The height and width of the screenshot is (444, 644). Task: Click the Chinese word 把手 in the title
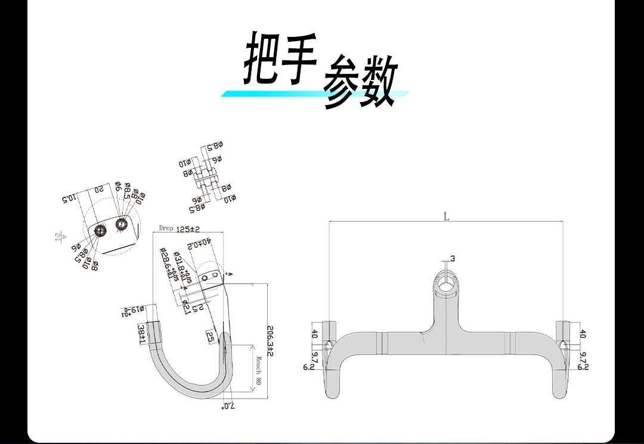point(279,58)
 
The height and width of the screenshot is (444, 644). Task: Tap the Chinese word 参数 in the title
point(360,82)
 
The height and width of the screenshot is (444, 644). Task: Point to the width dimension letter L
point(446,217)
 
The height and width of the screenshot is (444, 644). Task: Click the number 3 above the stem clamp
point(453,258)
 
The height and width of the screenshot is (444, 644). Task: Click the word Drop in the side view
point(166,228)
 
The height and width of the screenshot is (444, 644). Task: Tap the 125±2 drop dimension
point(187,229)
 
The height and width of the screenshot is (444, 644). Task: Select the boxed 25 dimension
point(210,336)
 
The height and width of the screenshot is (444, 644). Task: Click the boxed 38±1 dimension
point(142,334)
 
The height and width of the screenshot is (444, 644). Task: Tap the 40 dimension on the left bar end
point(315,334)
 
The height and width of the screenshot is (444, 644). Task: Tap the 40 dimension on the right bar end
point(583,334)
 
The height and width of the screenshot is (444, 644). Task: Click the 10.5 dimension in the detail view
point(69,198)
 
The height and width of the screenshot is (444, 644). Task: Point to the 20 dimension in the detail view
point(100,190)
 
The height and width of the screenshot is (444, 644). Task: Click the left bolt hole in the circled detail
point(100,230)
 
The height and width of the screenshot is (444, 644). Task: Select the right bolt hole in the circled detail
point(121,224)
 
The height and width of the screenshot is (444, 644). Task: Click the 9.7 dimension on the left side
point(315,357)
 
